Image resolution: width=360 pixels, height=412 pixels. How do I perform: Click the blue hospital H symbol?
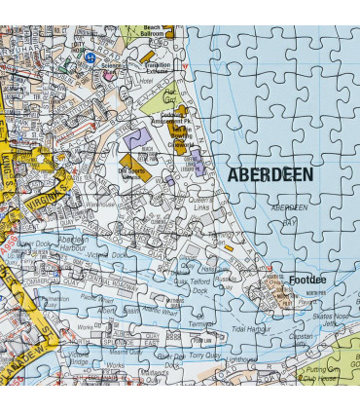pyautogui.click(x=90, y=57)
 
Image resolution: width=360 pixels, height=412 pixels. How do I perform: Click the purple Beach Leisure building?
pyautogui.click(x=196, y=161)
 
